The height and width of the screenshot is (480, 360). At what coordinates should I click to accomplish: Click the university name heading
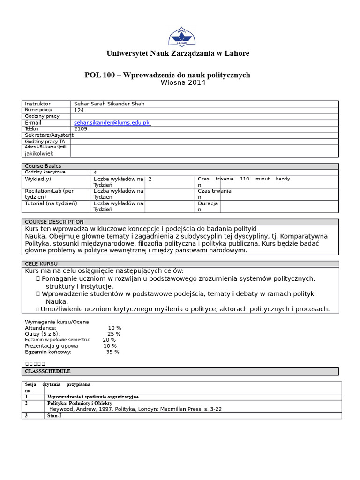click(x=178, y=53)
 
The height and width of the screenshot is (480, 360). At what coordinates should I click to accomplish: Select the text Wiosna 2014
click(x=183, y=83)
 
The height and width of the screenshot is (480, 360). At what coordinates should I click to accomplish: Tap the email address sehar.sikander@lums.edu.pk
click(x=112, y=123)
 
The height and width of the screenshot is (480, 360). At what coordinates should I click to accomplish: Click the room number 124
click(x=79, y=110)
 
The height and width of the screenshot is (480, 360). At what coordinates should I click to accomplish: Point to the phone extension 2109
click(x=81, y=129)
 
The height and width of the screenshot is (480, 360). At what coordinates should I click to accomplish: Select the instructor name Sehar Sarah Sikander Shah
click(x=109, y=104)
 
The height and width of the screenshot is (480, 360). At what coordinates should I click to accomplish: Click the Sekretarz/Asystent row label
click(x=49, y=135)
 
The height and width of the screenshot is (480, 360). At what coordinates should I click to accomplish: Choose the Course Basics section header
click(x=43, y=166)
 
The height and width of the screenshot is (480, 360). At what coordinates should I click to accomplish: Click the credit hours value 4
click(x=95, y=172)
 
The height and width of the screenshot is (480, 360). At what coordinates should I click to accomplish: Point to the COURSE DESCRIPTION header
click(x=54, y=222)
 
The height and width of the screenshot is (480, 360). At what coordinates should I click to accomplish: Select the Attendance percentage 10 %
click(x=114, y=328)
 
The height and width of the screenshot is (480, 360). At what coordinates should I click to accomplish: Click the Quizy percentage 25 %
click(x=114, y=334)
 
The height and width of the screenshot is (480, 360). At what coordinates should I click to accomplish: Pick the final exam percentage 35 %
click(x=112, y=352)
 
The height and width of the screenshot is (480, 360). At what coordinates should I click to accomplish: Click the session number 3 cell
click(x=27, y=415)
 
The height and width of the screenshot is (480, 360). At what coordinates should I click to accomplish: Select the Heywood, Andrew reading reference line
click(x=135, y=409)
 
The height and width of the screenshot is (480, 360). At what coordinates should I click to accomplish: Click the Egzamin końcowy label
click(x=48, y=352)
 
